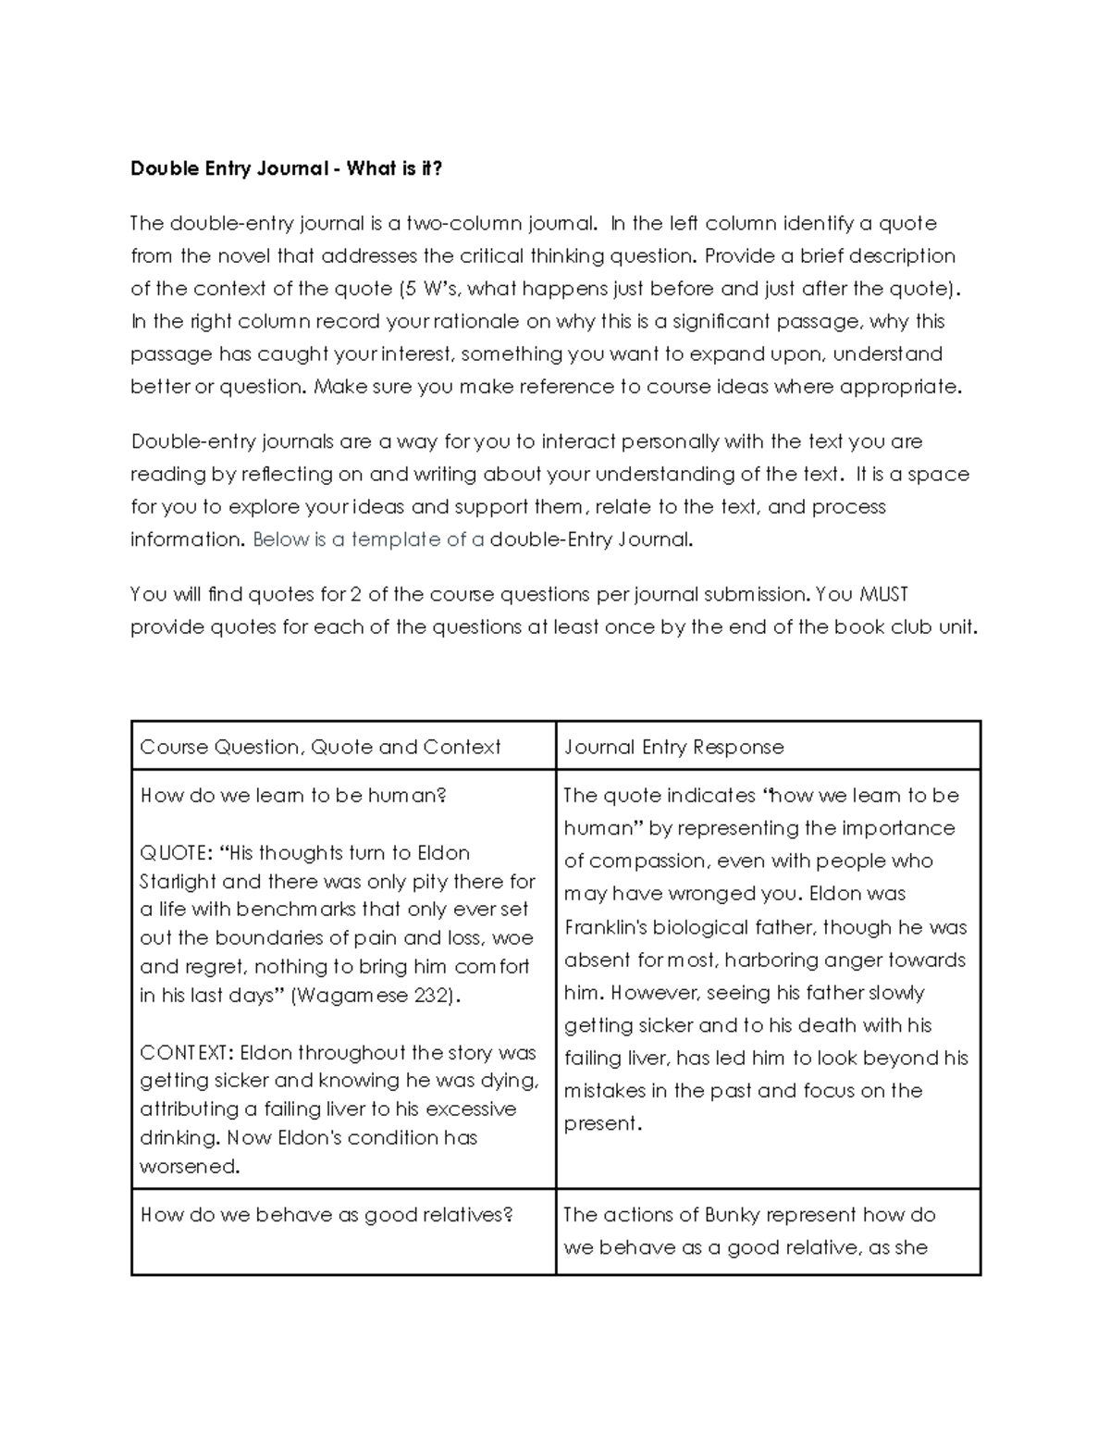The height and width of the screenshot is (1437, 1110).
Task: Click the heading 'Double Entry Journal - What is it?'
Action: click(287, 168)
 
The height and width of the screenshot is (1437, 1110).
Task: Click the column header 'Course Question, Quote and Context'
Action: click(320, 747)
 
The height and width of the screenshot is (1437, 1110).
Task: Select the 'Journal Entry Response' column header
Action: click(674, 747)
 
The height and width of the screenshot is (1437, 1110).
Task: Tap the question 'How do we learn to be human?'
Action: click(293, 795)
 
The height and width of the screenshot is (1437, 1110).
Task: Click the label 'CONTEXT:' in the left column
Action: click(187, 1052)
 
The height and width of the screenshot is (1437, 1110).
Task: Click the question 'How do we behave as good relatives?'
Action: click(326, 1214)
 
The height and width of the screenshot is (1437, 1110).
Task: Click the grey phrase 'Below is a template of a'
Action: click(368, 539)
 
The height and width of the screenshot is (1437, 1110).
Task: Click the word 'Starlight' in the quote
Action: click(178, 882)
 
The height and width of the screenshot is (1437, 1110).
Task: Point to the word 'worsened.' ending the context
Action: click(190, 1166)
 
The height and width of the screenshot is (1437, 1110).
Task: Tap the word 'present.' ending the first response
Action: click(602, 1123)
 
